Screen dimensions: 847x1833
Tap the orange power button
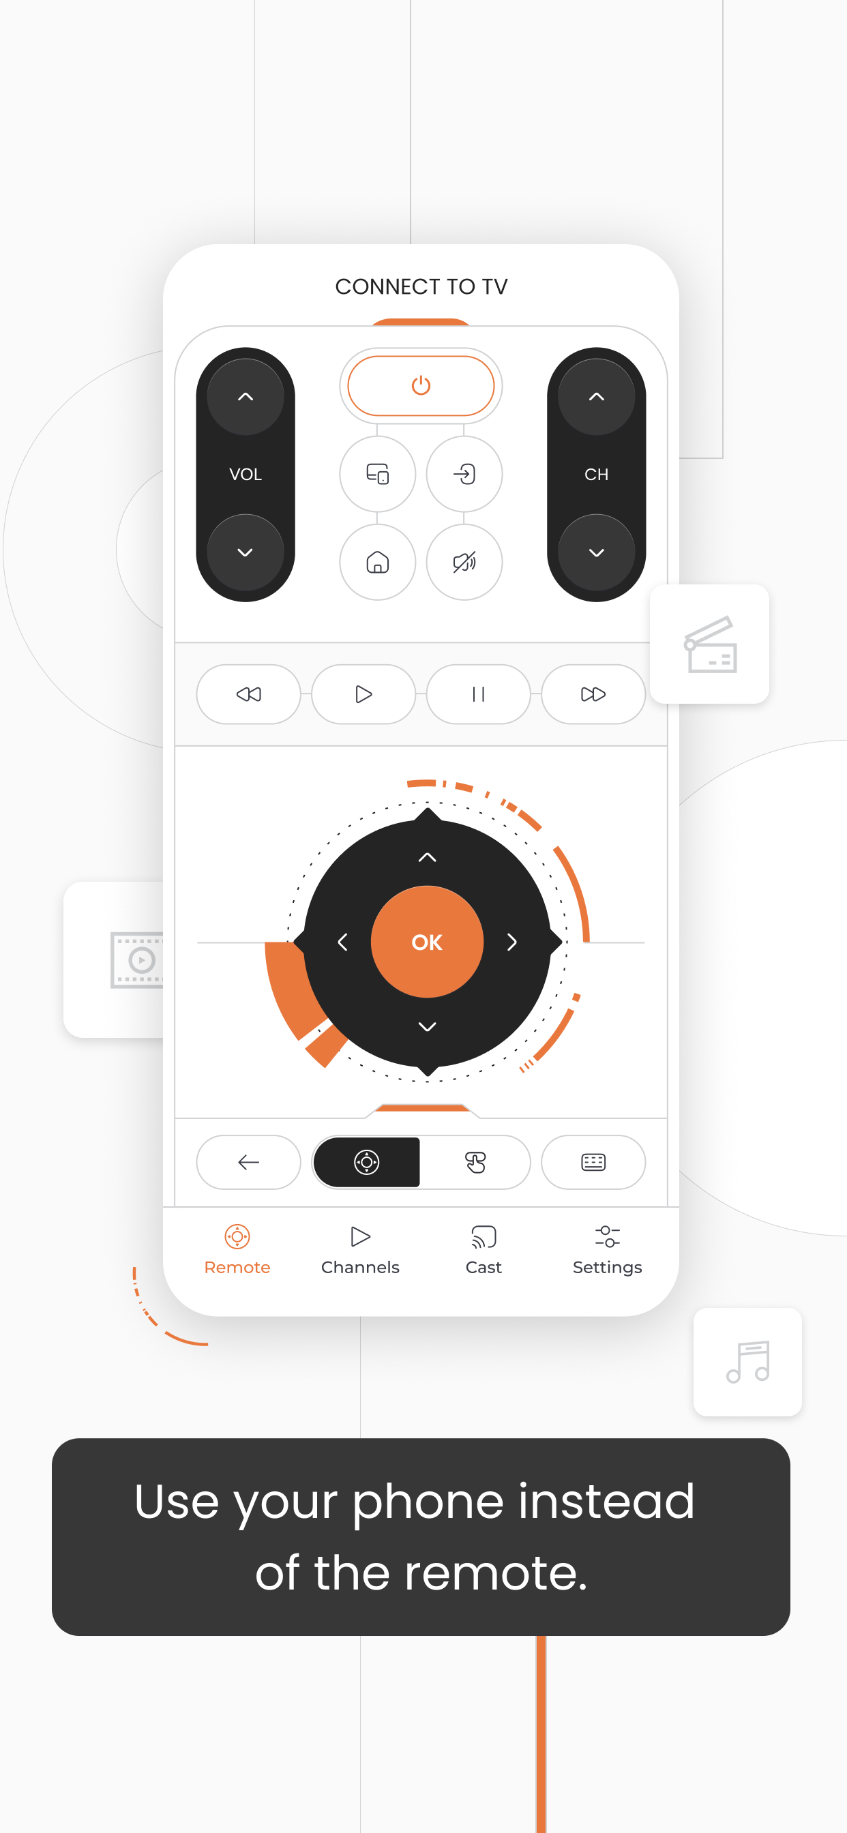click(x=421, y=386)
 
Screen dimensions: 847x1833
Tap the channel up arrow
click(x=597, y=397)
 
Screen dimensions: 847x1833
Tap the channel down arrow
click(x=597, y=552)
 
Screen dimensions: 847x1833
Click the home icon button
click(x=377, y=562)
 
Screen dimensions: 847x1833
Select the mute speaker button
click(x=464, y=562)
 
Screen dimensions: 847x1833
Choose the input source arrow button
click(x=464, y=474)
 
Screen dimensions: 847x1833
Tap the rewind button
click(x=248, y=694)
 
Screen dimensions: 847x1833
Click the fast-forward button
click(x=593, y=694)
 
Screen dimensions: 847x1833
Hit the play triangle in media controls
click(x=363, y=694)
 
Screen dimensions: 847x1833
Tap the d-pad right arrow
click(x=511, y=942)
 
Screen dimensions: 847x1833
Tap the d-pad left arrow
click(x=342, y=942)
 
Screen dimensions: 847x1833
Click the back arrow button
click(x=248, y=1162)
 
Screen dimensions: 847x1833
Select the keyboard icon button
click(x=593, y=1162)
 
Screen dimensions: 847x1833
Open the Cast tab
click(x=484, y=1250)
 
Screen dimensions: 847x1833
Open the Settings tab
click(x=607, y=1250)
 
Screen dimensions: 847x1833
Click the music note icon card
click(x=747, y=1361)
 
